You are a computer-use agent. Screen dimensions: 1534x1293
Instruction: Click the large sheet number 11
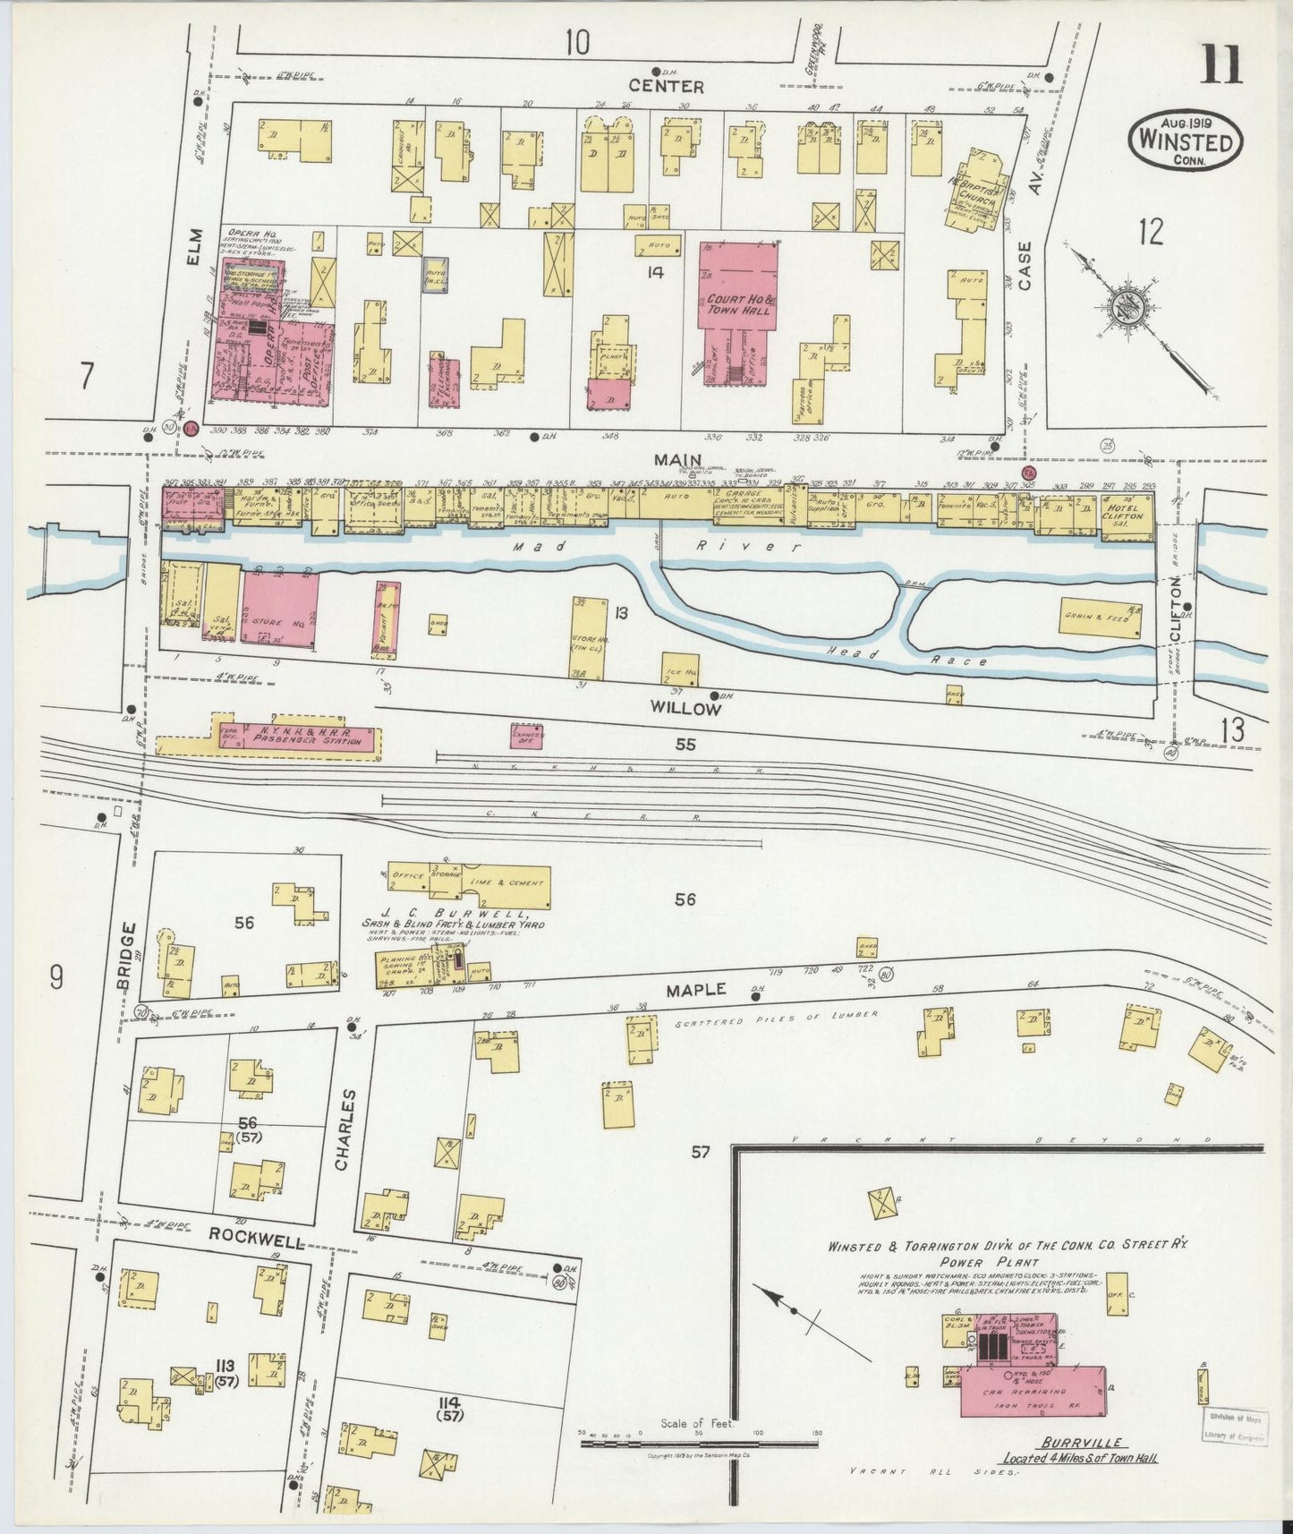pos(1221,64)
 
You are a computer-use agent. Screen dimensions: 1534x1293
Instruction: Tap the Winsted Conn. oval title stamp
pos(1185,141)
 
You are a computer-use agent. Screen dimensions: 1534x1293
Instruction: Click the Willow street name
pos(685,708)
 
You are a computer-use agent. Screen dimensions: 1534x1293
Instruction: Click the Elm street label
pos(196,246)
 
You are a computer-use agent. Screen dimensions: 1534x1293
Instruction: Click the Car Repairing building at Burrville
pos(1031,1392)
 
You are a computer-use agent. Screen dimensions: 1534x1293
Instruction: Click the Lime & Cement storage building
pos(506,886)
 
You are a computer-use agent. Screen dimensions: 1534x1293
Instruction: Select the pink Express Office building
pos(527,737)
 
